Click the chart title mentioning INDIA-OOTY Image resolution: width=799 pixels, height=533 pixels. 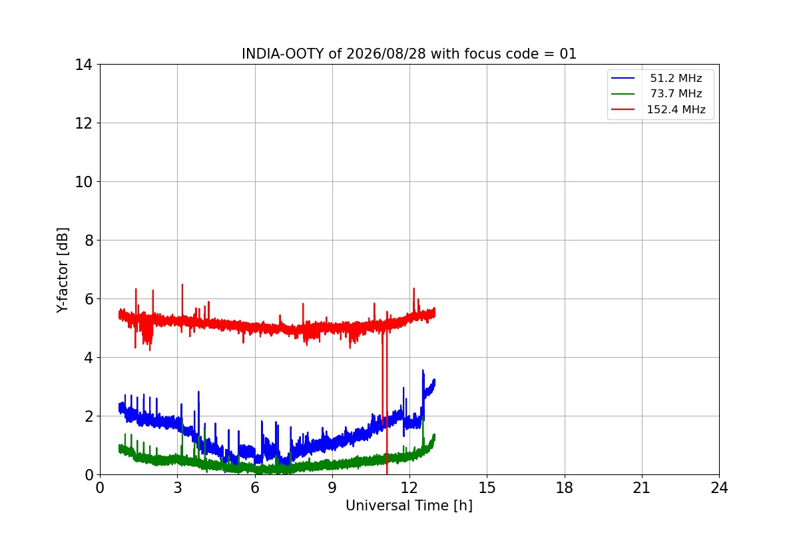tap(409, 54)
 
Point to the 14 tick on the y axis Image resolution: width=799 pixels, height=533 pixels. tap(83, 65)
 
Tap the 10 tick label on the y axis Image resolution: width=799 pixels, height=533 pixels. tap(83, 182)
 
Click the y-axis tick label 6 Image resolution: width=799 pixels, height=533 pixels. tap(89, 299)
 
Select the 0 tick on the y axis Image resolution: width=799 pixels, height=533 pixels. tap(89, 475)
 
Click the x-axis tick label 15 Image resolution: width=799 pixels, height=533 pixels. tap(487, 488)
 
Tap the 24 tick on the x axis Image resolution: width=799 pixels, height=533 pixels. tap(719, 488)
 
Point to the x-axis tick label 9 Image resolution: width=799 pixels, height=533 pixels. tap(332, 488)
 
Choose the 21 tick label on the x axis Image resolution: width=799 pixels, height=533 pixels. tap(642, 488)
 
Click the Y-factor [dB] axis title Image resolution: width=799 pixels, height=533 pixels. tap(63, 270)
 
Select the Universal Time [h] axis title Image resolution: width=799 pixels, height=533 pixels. tap(409, 506)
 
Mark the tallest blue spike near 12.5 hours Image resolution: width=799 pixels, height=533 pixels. tap(423, 370)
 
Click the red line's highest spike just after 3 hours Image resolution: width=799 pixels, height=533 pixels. tap(182, 284)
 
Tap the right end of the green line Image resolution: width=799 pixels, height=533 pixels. tap(434, 436)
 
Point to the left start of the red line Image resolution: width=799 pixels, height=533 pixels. tap(119, 314)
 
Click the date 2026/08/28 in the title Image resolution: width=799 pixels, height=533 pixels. tap(386, 54)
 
